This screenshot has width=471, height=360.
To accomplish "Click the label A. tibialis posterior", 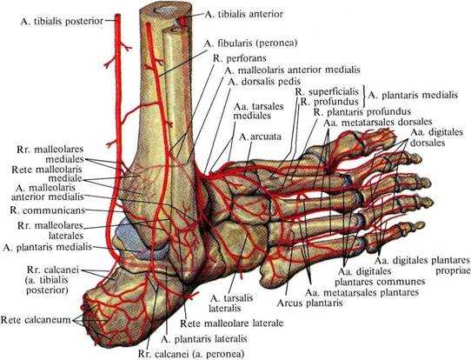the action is (x=63, y=22).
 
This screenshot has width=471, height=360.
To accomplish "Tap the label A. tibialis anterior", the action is (x=243, y=14).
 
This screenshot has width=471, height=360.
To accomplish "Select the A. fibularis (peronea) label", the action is (x=250, y=43).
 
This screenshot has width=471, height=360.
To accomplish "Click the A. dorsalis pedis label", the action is (x=264, y=82).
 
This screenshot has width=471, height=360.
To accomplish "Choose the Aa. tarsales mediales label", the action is (x=254, y=111).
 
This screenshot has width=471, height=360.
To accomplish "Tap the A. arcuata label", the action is (x=260, y=137).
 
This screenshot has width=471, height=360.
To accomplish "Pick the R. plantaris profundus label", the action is (x=362, y=112).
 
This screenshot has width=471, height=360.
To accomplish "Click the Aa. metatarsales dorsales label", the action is (x=377, y=122).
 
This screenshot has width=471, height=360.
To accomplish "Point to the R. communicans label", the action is (x=48, y=210).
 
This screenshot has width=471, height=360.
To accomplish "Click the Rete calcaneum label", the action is (x=36, y=320).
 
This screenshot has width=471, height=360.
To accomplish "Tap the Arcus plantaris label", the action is (x=309, y=303).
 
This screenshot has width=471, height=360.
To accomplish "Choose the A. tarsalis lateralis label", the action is (x=231, y=303).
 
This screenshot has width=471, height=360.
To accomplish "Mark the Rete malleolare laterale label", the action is (x=232, y=323).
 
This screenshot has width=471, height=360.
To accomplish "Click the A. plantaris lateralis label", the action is (x=204, y=339).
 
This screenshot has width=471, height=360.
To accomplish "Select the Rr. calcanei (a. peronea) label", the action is (x=191, y=354).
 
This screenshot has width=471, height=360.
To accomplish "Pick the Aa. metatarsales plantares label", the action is (x=362, y=292).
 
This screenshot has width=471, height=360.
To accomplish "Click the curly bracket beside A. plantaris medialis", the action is (x=364, y=97).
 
